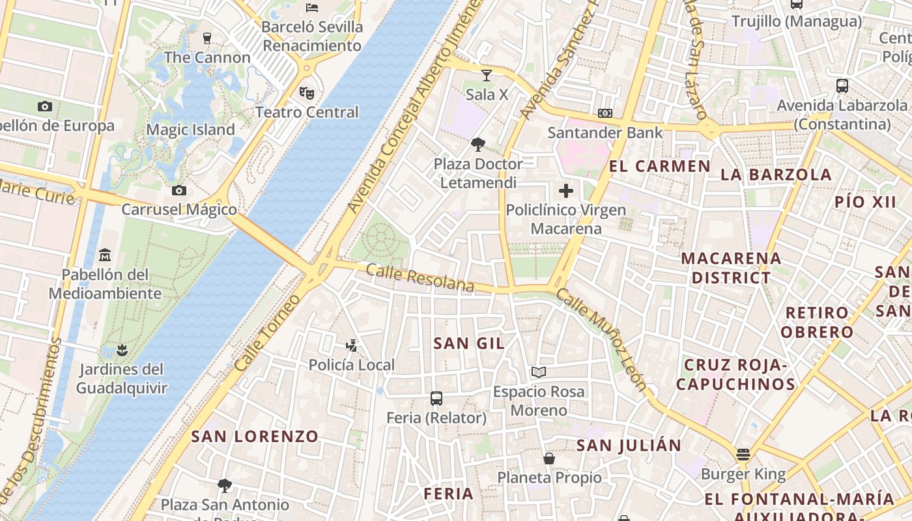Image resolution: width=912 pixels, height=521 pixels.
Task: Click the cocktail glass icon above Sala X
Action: (x=486, y=76)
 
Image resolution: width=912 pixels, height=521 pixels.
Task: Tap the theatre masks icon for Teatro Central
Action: (x=307, y=92)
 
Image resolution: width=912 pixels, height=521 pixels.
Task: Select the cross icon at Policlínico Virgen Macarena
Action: (x=566, y=191)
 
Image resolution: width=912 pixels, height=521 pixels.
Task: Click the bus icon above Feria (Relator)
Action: (x=436, y=398)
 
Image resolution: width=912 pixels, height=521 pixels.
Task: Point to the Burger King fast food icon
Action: (x=743, y=455)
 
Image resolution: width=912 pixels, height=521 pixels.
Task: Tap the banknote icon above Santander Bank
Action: (x=605, y=113)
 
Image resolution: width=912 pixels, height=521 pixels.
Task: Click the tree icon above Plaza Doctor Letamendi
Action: (x=479, y=144)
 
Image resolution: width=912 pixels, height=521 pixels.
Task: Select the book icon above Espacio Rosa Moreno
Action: (x=538, y=372)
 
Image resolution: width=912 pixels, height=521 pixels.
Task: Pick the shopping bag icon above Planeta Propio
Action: (x=549, y=458)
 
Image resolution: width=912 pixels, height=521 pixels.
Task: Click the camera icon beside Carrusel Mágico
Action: (x=179, y=190)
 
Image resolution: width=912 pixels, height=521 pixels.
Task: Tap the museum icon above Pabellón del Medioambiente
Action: (x=105, y=255)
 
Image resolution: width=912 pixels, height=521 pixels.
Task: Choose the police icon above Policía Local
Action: (x=352, y=345)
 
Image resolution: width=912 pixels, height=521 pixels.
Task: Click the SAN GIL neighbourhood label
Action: (x=469, y=343)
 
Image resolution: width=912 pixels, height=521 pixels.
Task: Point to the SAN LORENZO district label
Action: (x=255, y=436)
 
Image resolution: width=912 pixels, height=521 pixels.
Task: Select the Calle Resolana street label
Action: (x=420, y=278)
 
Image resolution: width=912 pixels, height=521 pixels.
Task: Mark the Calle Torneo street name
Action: (x=268, y=333)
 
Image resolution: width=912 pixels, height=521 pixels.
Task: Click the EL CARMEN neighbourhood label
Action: (x=659, y=166)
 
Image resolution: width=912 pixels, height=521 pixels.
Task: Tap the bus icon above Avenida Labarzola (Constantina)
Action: (x=842, y=86)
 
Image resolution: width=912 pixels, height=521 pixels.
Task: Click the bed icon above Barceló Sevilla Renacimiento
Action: (x=312, y=8)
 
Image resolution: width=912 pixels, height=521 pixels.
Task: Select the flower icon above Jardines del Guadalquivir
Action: (x=121, y=350)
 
